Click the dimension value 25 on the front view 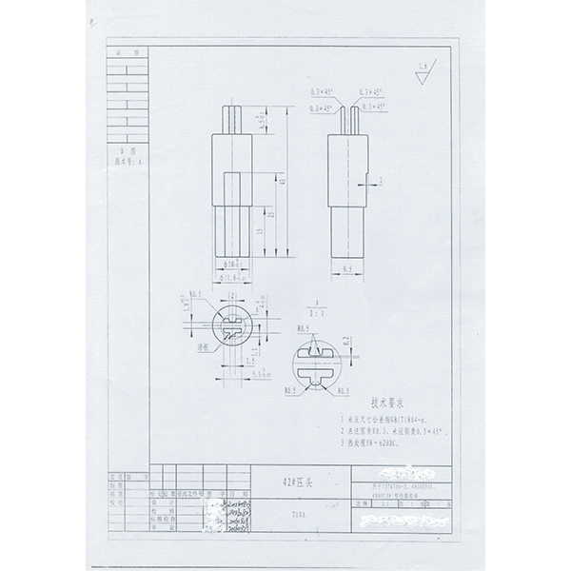click(x=272, y=216)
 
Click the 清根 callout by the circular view click(x=203, y=348)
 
